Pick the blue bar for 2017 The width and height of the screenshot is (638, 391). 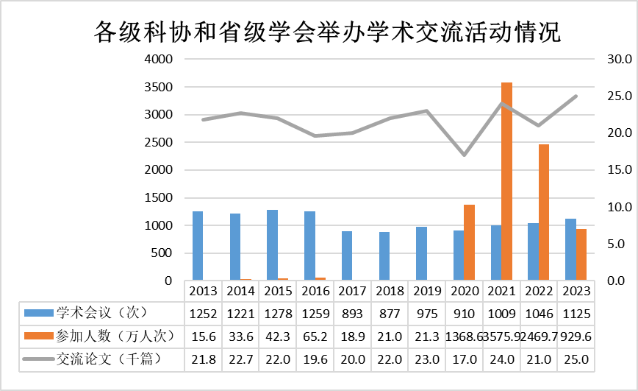[347, 256]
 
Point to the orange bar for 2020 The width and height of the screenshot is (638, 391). [469, 242]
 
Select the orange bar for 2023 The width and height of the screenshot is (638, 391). [581, 255]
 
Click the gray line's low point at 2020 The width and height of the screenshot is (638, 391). [464, 155]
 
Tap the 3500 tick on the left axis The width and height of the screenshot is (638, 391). [159, 87]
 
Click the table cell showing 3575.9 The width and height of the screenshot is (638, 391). [501, 337]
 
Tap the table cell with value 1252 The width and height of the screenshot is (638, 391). [202, 313]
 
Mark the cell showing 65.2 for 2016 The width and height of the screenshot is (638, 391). [315, 337]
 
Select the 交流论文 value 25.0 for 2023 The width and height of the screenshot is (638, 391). [576, 360]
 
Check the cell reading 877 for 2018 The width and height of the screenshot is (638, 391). [390, 313]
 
